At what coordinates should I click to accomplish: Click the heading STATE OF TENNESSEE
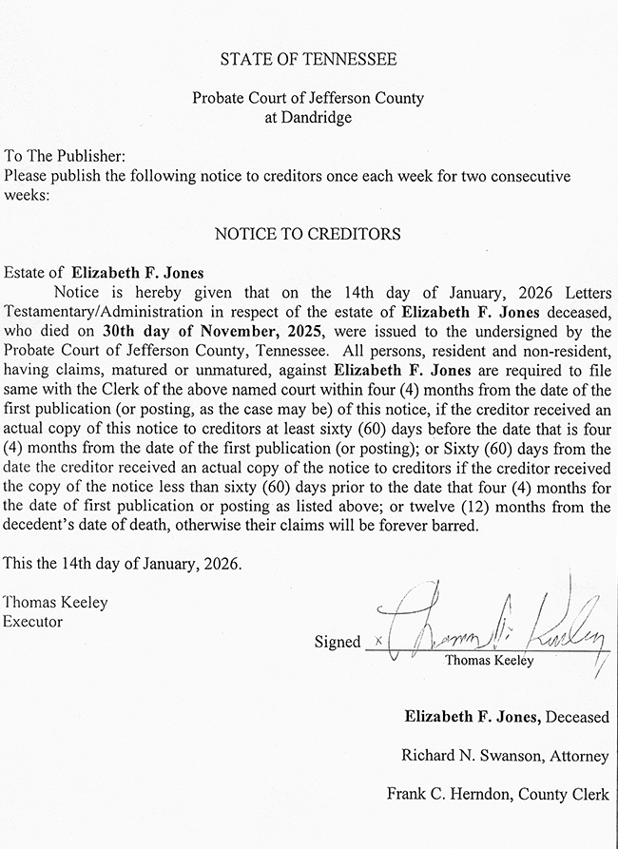pos(308,59)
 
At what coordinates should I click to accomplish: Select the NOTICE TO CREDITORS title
pos(308,233)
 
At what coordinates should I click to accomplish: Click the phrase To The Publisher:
pos(65,156)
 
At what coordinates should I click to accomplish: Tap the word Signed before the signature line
pos(338,643)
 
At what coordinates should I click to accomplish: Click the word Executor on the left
pos(32,622)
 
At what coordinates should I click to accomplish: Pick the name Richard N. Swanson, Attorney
pos(505,757)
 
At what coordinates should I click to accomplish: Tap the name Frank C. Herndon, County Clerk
pos(497,794)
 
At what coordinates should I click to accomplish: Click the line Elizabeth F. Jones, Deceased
pos(507,717)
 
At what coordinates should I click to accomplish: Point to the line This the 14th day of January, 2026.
pos(123,564)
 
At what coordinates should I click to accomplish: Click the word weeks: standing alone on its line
pos(25,194)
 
